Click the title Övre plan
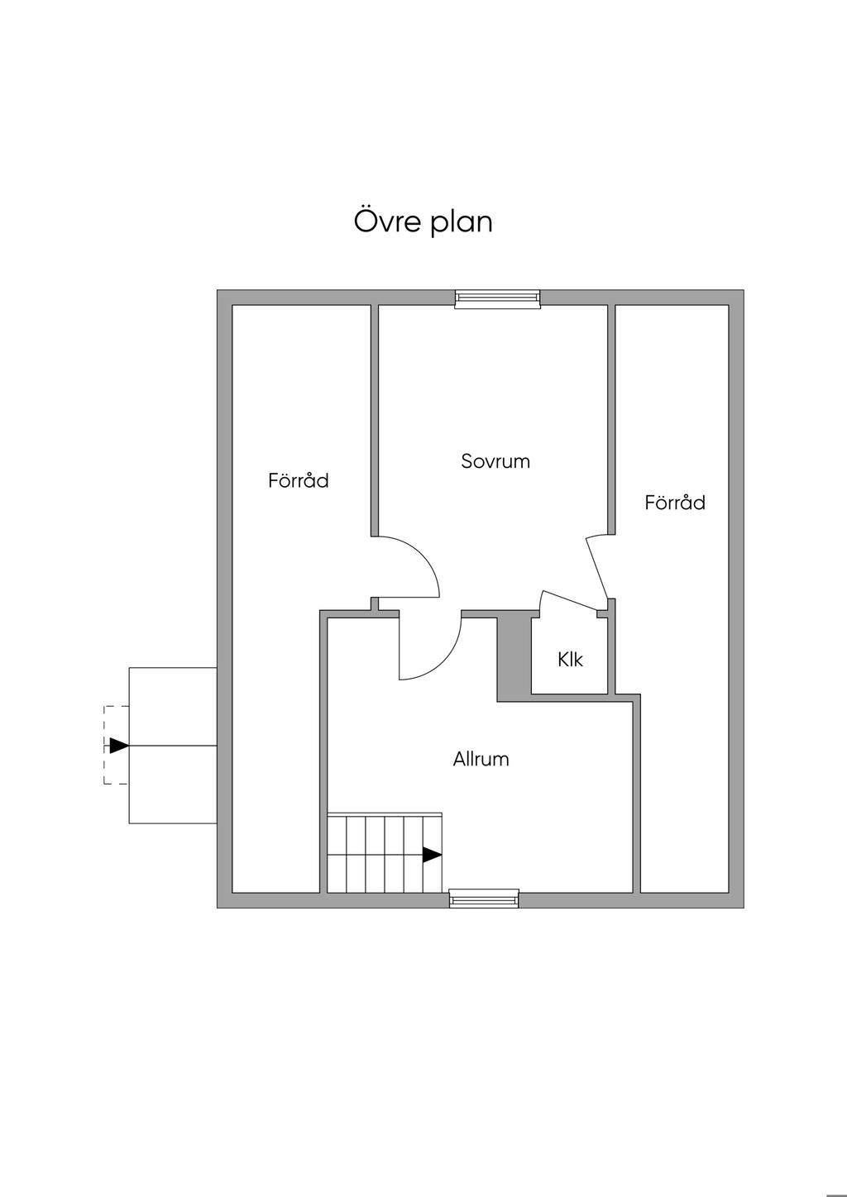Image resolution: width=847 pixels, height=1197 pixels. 423,222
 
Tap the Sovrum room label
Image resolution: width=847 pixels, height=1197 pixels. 495,461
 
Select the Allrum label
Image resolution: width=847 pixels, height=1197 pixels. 481,759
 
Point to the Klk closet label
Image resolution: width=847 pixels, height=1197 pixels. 570,660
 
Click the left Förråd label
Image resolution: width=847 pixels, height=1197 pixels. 299,480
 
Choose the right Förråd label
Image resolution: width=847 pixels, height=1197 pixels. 675,503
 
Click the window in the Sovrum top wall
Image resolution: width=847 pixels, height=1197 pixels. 497,298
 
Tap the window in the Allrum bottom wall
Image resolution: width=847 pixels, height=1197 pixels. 484,899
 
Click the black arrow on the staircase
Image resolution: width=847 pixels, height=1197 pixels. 432,855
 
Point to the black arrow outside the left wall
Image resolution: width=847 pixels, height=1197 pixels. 119,746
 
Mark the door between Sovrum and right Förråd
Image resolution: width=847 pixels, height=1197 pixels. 597,567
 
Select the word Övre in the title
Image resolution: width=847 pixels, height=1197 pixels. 384,222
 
